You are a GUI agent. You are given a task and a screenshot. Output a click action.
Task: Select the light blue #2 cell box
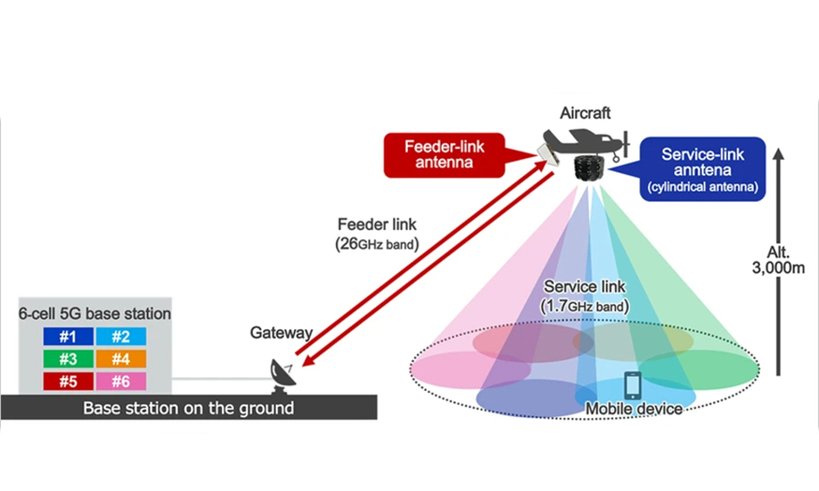tap(120, 337)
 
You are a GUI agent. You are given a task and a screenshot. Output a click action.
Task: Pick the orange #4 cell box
tap(120, 359)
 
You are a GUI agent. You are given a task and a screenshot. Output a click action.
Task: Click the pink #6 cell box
tap(120, 382)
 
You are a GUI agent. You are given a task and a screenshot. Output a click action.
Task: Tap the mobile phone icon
tap(634, 385)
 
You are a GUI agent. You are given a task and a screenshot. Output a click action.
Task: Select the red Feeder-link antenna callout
tap(442, 154)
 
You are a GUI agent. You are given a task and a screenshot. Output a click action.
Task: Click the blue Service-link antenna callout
tap(701, 167)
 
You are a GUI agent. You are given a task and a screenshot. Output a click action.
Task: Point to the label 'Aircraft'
tap(585, 113)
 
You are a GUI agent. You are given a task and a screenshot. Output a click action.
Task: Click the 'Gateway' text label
tap(281, 333)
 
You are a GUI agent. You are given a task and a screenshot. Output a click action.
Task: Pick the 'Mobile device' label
tap(633, 409)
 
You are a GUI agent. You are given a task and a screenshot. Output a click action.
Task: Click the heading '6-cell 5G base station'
tap(95, 314)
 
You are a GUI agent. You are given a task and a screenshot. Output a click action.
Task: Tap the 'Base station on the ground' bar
tap(188, 408)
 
